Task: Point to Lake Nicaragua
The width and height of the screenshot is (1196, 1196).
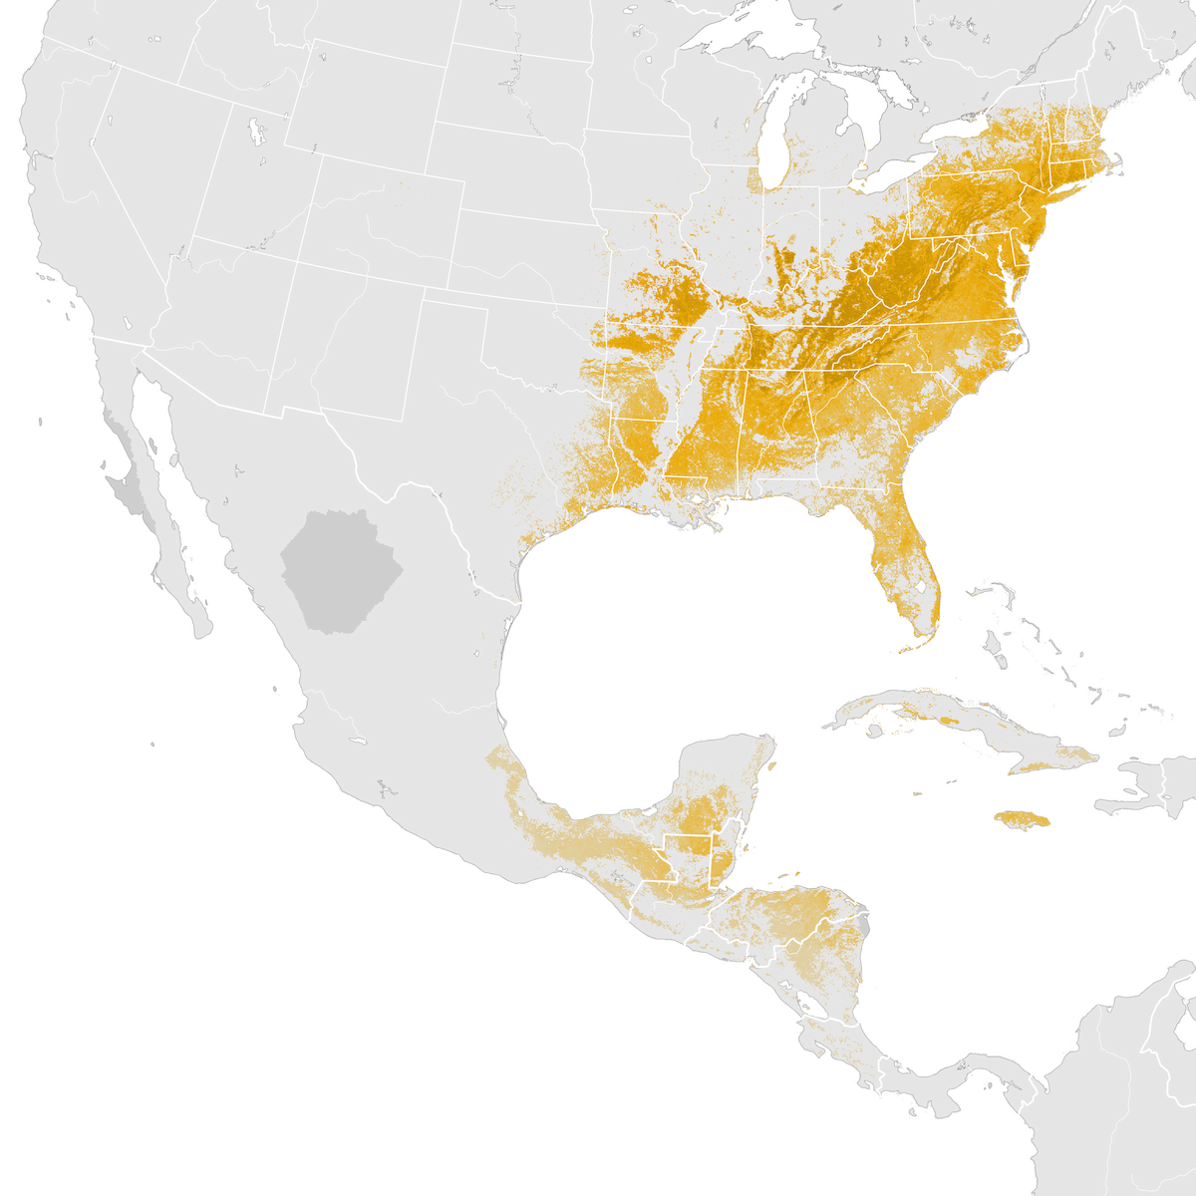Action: coord(813,1009)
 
